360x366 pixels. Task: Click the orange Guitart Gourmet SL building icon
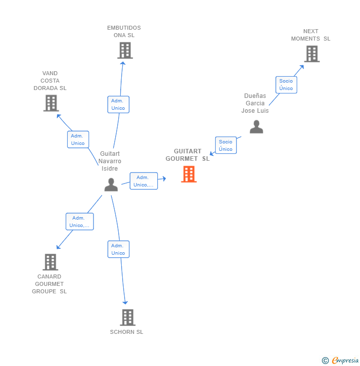click(189, 174)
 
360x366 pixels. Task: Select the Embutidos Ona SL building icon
click(125, 50)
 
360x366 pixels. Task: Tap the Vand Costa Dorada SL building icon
click(51, 103)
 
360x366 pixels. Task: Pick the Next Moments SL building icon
click(312, 54)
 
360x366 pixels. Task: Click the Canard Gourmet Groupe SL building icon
click(50, 262)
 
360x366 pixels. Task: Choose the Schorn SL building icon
click(128, 318)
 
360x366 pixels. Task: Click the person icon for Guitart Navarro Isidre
click(111, 184)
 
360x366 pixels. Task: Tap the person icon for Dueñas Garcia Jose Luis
click(256, 127)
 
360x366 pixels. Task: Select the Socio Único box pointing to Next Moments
click(286, 85)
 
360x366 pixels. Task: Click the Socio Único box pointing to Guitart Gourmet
click(225, 145)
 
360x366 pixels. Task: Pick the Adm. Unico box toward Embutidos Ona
click(118, 104)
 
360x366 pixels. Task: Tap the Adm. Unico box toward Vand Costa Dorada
click(78, 139)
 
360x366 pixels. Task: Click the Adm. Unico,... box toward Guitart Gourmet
click(143, 181)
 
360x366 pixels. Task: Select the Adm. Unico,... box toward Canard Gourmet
click(80, 222)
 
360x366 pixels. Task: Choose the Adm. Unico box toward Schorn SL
click(118, 249)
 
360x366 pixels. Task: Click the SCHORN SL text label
click(127, 332)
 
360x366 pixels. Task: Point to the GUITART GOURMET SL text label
click(187, 155)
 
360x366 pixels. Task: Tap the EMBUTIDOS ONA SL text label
click(124, 32)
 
